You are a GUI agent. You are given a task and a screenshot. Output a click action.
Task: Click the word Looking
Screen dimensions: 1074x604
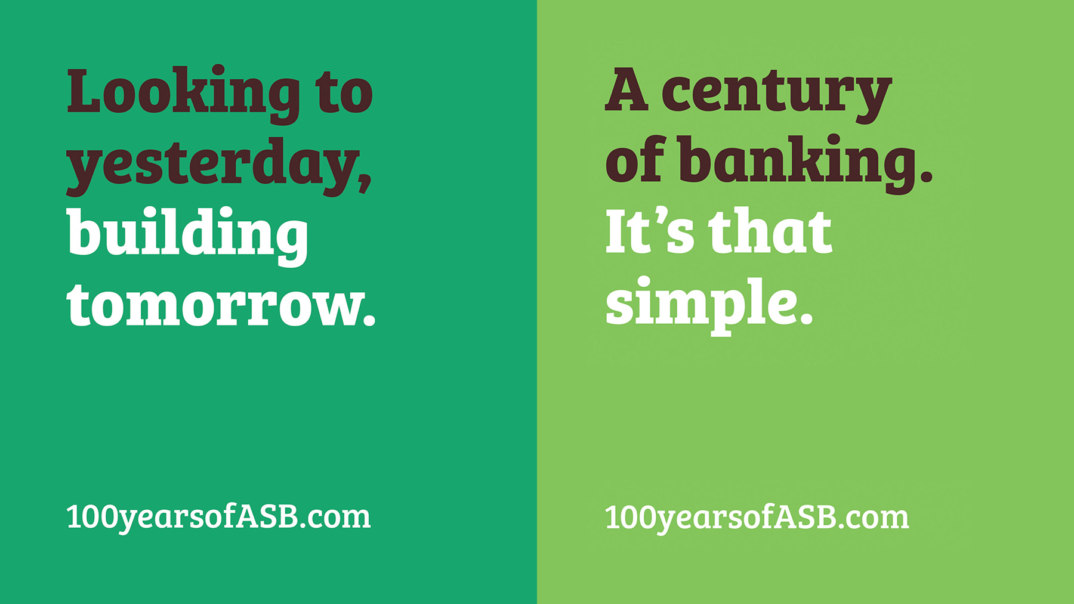184,94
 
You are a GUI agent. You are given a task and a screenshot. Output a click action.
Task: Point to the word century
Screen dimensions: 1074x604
776,95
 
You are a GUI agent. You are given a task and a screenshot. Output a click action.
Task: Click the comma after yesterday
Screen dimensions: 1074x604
364,181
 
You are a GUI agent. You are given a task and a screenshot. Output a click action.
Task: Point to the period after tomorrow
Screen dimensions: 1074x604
369,320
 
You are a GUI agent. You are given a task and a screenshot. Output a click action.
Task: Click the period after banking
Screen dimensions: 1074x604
925,174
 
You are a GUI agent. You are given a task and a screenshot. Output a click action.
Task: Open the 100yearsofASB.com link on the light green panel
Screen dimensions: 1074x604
757,518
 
